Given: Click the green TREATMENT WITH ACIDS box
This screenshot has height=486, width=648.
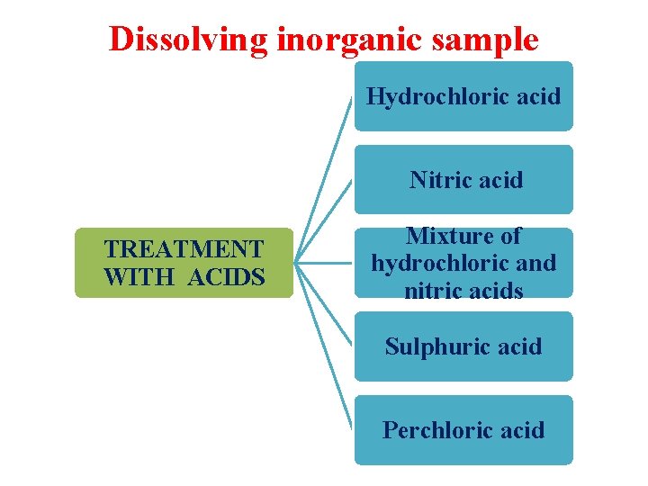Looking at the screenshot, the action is (184, 263).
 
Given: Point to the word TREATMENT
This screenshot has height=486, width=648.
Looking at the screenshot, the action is (184, 248).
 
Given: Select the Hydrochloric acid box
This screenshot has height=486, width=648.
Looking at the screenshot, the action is (463, 96).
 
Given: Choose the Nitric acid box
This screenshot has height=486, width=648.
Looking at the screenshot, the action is (463, 180).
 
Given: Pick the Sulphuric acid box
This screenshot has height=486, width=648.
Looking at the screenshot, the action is (463, 346).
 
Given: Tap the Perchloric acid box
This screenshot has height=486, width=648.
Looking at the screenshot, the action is (463, 430).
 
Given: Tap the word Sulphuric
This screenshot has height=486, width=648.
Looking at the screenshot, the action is (434, 346).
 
